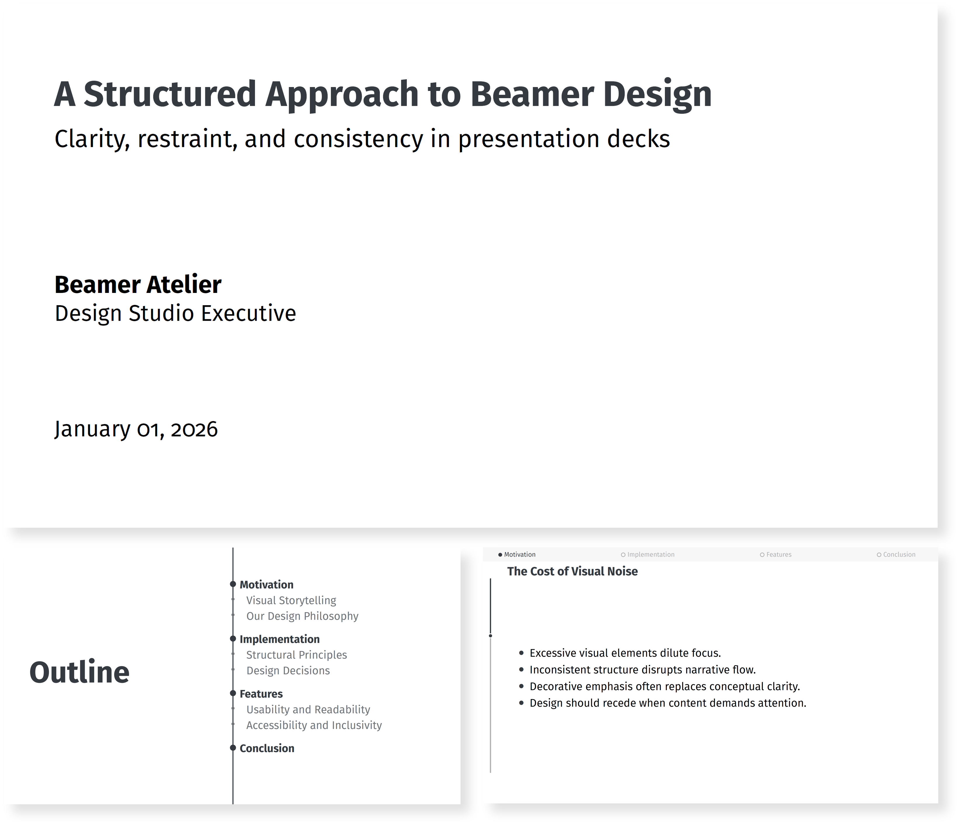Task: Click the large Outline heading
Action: point(79,672)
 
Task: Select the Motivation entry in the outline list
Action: point(267,585)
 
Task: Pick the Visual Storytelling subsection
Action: point(291,600)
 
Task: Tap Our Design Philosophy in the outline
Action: point(302,616)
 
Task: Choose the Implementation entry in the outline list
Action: point(279,639)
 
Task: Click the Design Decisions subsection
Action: point(288,671)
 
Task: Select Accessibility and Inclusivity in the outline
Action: point(314,725)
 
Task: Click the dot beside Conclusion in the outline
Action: point(233,748)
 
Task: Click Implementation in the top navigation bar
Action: point(650,555)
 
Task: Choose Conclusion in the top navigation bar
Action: point(899,555)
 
